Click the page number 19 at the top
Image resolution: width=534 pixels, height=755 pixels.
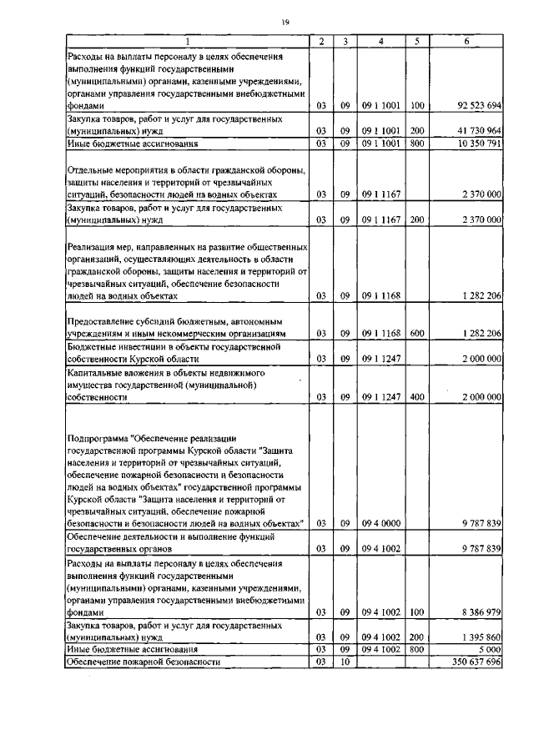click(x=285, y=23)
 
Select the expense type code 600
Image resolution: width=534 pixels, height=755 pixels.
click(x=417, y=333)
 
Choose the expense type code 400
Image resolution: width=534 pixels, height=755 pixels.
click(x=417, y=398)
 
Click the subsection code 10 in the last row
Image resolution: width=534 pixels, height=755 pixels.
click(x=344, y=662)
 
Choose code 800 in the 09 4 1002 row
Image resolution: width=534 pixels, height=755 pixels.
click(x=417, y=649)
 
